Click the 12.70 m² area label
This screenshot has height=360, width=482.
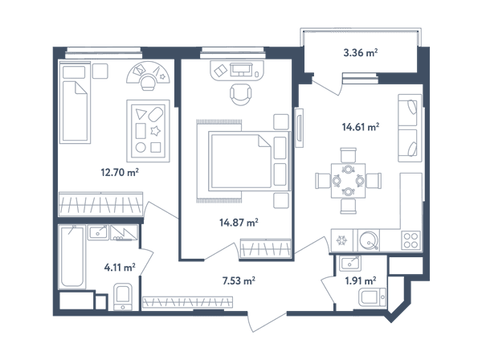click(120, 172)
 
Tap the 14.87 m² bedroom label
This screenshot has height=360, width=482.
click(239, 222)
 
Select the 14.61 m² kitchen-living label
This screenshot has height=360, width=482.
click(361, 127)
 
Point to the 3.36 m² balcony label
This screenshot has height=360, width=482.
click(361, 52)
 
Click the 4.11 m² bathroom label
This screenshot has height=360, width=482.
click(120, 268)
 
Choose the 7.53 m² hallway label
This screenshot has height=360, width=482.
click(239, 280)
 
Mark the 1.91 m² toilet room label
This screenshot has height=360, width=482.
click(361, 280)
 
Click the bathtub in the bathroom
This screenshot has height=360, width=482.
click(71, 257)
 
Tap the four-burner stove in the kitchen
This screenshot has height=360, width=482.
click(411, 240)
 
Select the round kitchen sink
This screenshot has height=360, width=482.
click(369, 240)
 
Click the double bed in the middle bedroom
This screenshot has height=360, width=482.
click(249, 160)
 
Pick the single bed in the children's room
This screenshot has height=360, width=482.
click(75, 102)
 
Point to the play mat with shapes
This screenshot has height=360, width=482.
click(148, 131)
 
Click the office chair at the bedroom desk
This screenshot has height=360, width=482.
click(241, 93)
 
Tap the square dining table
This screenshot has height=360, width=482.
click(349, 181)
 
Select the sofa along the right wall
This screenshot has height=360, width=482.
click(410, 129)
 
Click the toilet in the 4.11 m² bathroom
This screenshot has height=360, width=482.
click(123, 297)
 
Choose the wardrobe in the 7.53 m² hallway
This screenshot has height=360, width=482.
click(187, 302)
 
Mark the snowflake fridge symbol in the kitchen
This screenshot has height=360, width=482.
click(341, 240)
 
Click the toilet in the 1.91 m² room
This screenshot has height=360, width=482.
click(373, 297)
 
